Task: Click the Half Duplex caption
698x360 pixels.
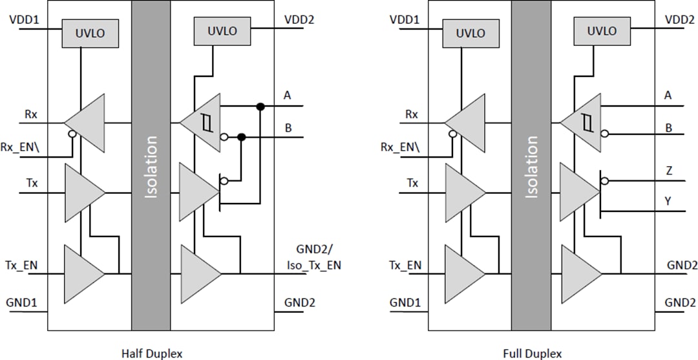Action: tap(152, 353)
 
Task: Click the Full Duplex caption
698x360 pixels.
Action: tap(532, 353)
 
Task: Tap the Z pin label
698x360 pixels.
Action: tap(668, 171)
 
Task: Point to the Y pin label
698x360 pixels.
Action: tap(668, 200)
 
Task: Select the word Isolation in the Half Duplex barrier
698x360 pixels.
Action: tap(151, 166)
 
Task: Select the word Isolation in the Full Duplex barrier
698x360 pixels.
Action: tap(531, 166)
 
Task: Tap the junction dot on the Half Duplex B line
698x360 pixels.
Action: tap(241, 137)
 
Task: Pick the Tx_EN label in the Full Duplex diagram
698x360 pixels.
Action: tap(405, 265)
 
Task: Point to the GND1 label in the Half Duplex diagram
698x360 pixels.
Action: tap(23, 302)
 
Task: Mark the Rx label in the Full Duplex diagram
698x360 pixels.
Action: tap(412, 114)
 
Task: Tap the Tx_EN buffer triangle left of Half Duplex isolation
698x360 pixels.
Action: tap(82, 274)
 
